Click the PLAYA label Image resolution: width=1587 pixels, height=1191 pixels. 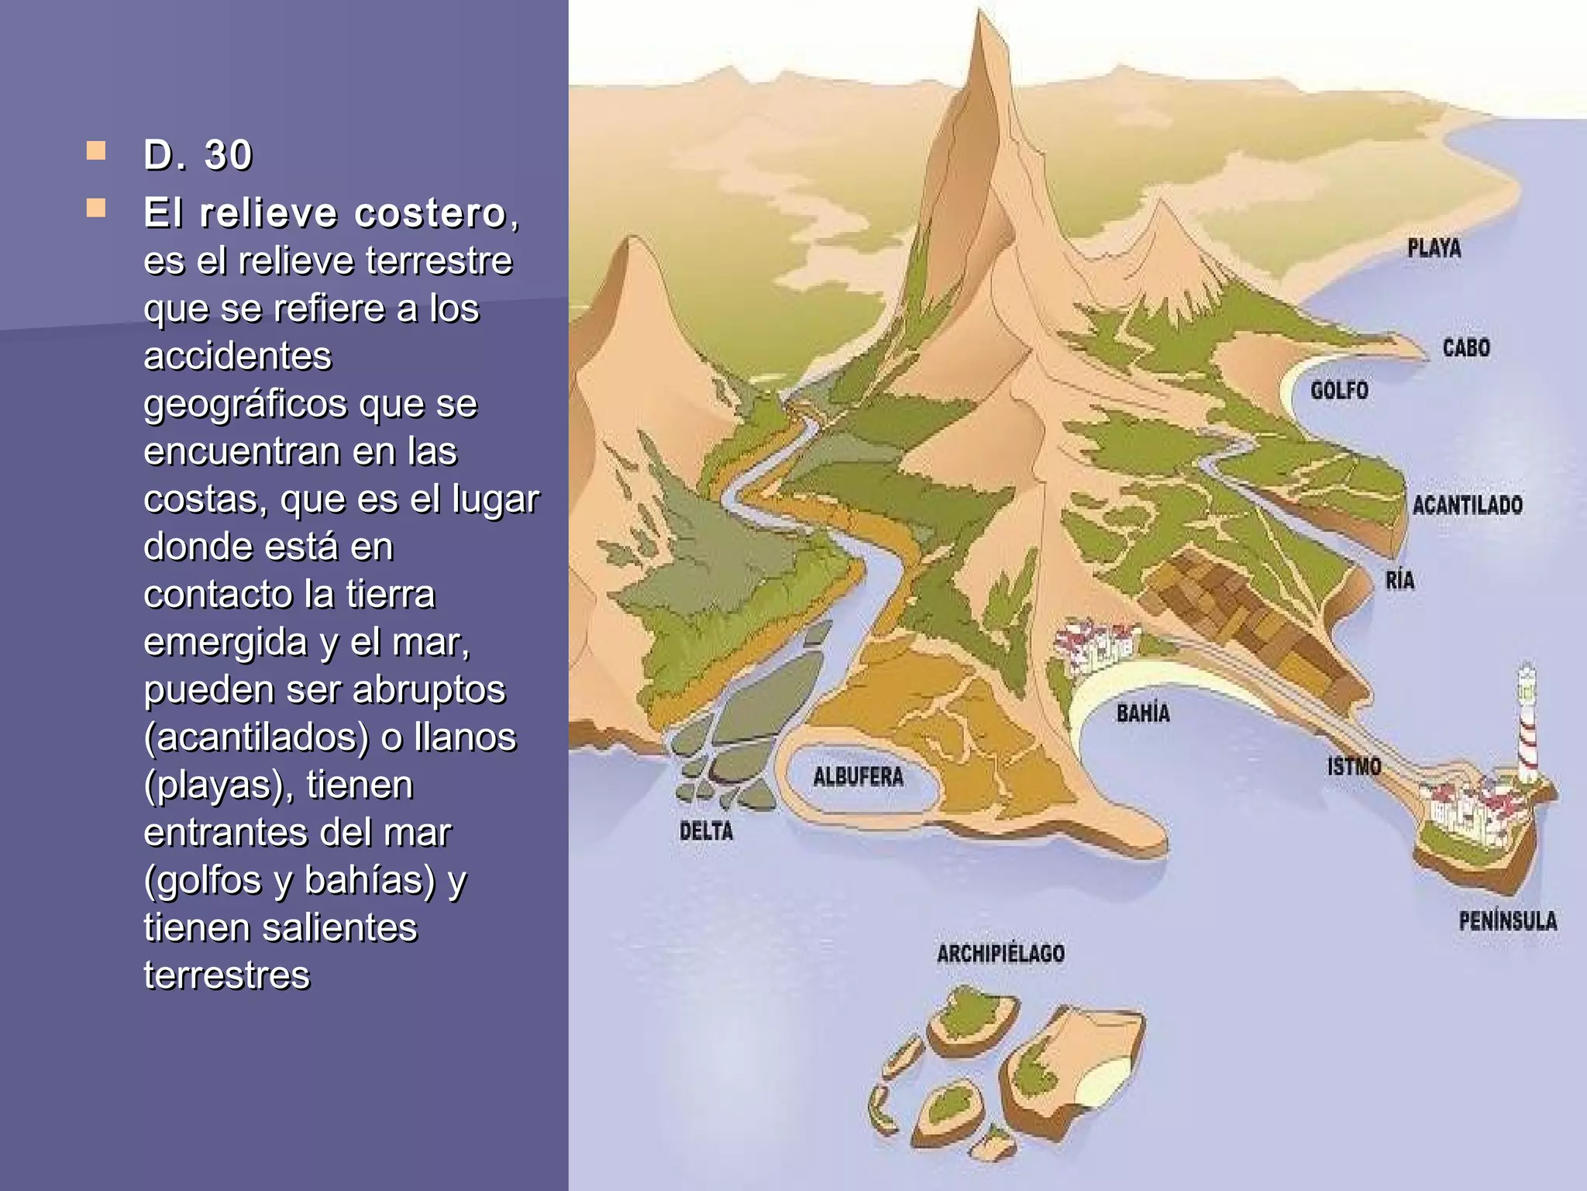pos(1434,249)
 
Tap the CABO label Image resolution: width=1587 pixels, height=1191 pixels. pos(1465,347)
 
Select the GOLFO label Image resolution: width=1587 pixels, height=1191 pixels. pos(1339,390)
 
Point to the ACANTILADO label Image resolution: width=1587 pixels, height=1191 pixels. pos(1467,506)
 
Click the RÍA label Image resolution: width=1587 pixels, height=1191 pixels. pos(1399,580)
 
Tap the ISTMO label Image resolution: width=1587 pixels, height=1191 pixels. pos(1354,767)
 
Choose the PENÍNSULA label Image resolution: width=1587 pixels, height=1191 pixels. pos(1507,921)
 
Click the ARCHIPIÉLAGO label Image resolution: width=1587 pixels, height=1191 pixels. pos(1000,953)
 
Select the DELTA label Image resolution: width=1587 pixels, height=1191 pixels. pos(706,831)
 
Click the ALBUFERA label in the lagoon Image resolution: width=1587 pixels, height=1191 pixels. pos(858,776)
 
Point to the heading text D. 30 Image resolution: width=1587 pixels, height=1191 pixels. pos(198,154)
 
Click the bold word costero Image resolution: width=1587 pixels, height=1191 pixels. pos(430,213)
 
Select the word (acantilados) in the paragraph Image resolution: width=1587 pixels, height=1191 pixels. pos(256,737)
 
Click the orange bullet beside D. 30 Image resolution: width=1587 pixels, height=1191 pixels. pos(96,150)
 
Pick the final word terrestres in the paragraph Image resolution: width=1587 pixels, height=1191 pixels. pos(226,975)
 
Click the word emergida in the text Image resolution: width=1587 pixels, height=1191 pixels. pos(225,642)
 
